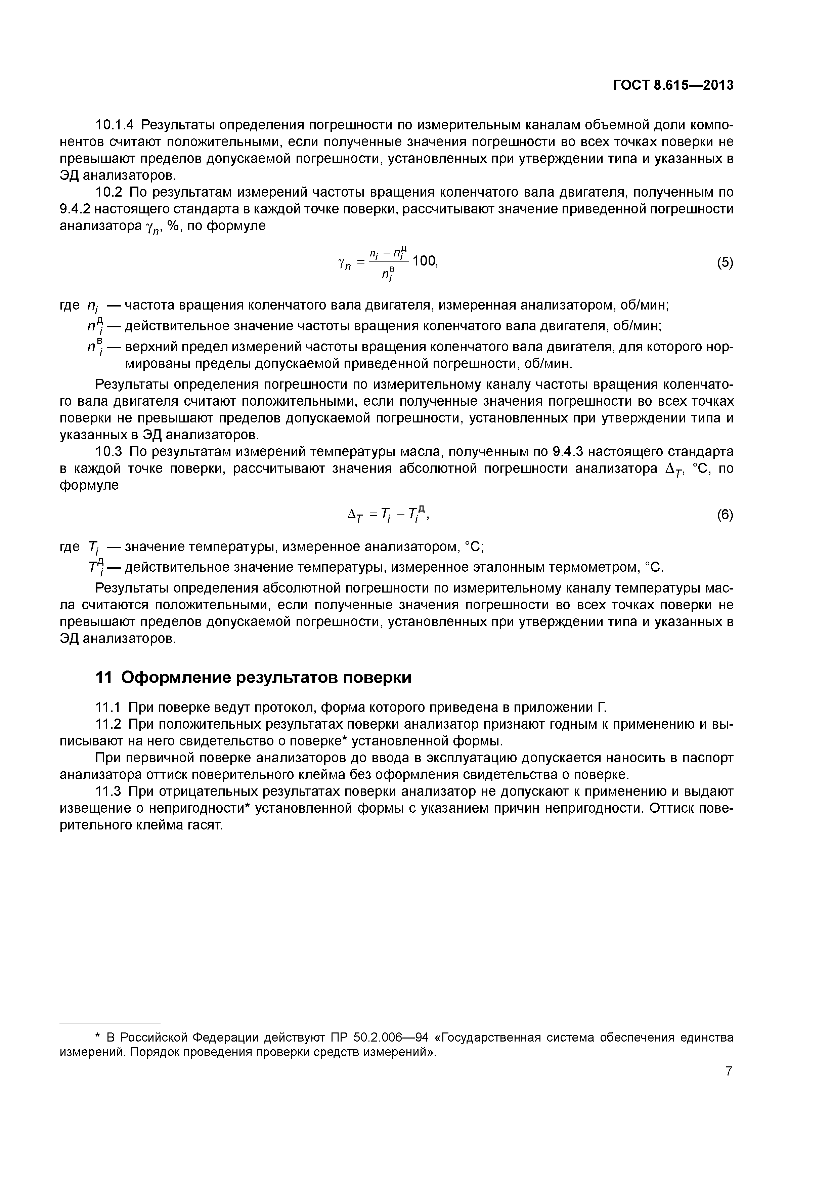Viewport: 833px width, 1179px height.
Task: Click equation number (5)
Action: (725, 263)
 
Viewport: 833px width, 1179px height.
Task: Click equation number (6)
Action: (725, 515)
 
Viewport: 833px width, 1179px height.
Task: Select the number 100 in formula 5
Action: (425, 261)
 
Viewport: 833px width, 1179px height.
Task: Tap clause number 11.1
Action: (109, 707)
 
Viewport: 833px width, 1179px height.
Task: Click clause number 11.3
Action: (109, 791)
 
